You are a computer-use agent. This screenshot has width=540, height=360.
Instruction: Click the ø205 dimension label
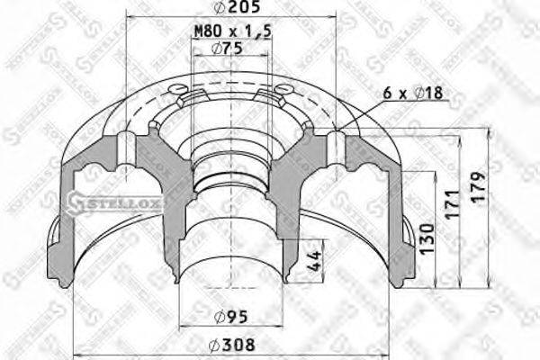pos(233,8)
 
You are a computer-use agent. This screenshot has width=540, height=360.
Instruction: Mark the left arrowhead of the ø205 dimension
pos(131,17)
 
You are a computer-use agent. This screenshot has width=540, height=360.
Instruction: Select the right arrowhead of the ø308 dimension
pos(390,352)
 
